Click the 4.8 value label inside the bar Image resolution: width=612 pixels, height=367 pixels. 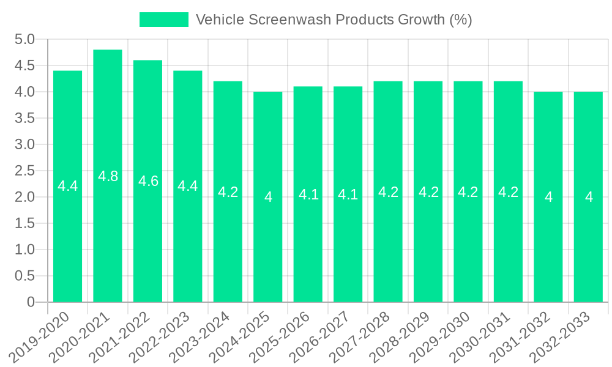click(108, 177)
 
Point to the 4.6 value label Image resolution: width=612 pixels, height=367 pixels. click(148, 181)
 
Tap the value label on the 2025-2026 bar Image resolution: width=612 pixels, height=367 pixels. click(308, 195)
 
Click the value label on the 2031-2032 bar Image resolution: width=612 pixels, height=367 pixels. click(548, 197)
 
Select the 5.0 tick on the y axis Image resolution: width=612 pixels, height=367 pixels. click(24, 40)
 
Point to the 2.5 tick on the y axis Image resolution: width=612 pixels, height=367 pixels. click(24, 171)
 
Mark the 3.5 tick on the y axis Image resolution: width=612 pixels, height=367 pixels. click(24, 119)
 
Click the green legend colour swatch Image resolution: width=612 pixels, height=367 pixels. click(163, 20)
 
